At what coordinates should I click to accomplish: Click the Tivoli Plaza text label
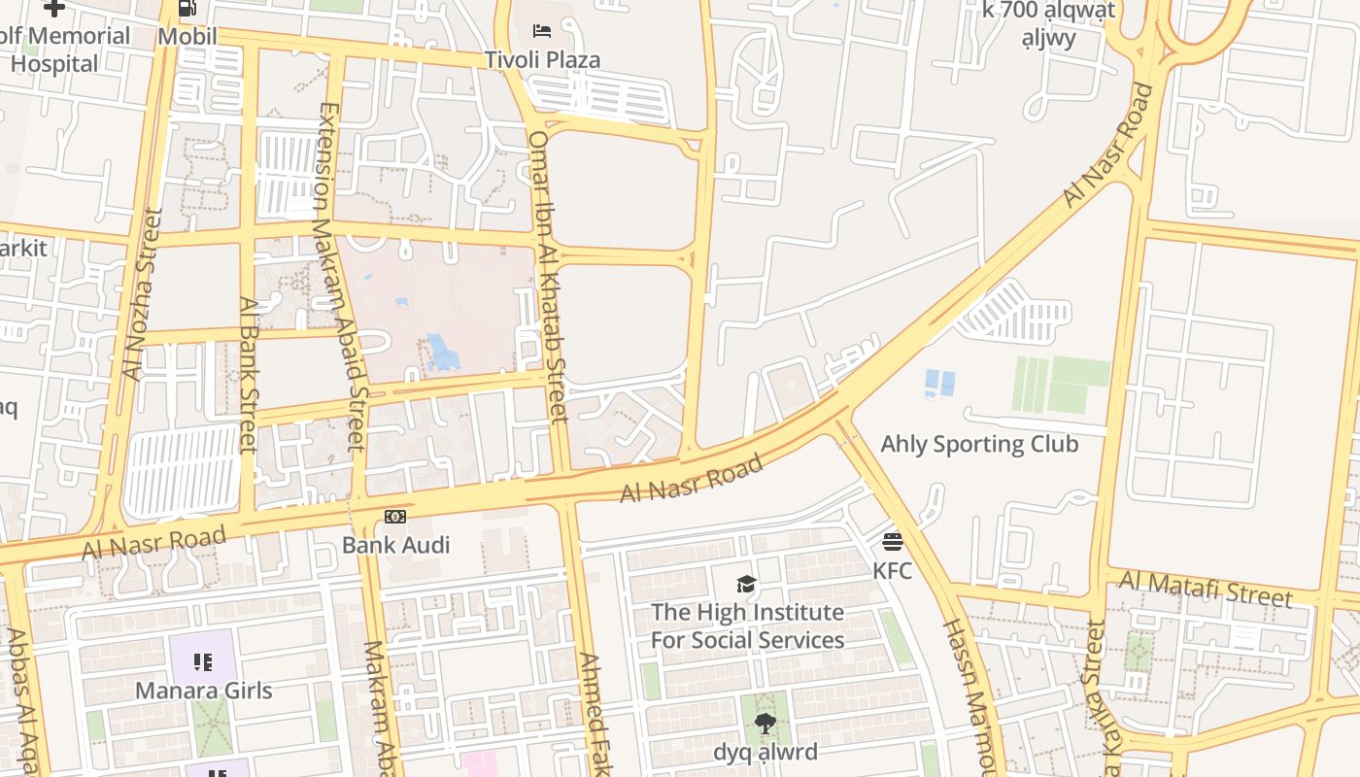tap(542, 59)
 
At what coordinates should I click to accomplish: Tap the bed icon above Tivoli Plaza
tap(542, 31)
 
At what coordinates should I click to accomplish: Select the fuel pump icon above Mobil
tap(187, 9)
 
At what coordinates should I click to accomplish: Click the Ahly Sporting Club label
tap(979, 444)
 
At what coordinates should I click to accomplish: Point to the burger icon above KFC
tap(893, 542)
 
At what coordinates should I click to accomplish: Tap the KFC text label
tap(893, 570)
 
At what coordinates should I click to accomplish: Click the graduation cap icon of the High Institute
tap(746, 584)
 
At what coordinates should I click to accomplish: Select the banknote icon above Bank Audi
tap(395, 517)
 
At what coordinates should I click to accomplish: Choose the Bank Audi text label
tap(395, 545)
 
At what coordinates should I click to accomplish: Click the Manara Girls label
tap(203, 691)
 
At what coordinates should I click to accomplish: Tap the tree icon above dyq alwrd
tap(765, 724)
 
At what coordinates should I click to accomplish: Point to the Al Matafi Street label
tap(1206, 589)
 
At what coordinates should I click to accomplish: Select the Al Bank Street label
tap(249, 374)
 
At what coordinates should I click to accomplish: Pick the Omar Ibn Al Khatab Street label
tap(547, 277)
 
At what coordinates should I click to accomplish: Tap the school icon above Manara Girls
tap(203, 662)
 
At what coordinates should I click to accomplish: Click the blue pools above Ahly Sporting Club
tap(940, 383)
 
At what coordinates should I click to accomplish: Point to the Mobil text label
tap(187, 36)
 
